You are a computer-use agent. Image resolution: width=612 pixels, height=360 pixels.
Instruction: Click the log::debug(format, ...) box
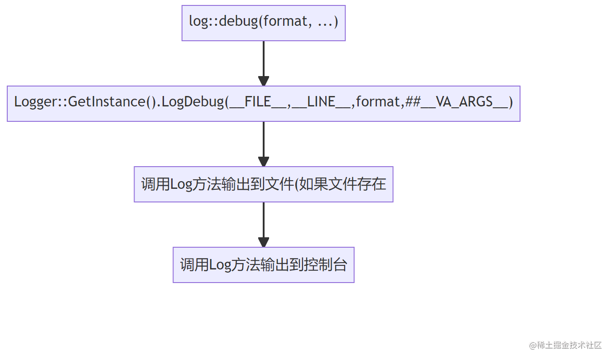263,23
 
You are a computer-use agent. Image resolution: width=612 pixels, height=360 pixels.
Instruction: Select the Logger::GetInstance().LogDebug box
263,103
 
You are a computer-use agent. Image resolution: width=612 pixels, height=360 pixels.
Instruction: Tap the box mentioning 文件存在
263,184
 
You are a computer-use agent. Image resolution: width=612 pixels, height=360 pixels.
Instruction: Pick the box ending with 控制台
263,264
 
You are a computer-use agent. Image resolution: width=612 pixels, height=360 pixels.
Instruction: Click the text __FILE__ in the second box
258,102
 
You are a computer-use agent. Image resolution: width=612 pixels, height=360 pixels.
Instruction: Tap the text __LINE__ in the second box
321,102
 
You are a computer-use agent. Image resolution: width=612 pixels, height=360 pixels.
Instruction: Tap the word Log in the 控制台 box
220,265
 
